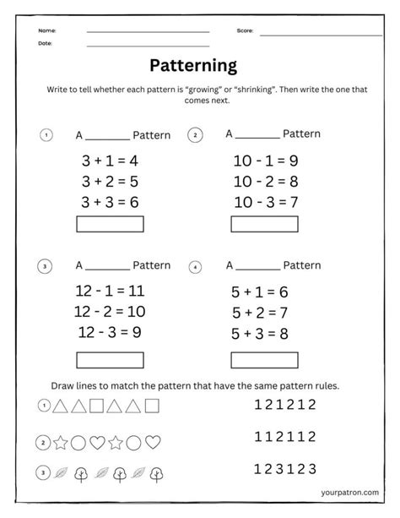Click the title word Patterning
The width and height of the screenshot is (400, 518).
pos(193,65)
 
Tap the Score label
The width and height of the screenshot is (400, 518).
pos(245,30)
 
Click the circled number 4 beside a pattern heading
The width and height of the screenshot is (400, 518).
pos(196,267)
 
